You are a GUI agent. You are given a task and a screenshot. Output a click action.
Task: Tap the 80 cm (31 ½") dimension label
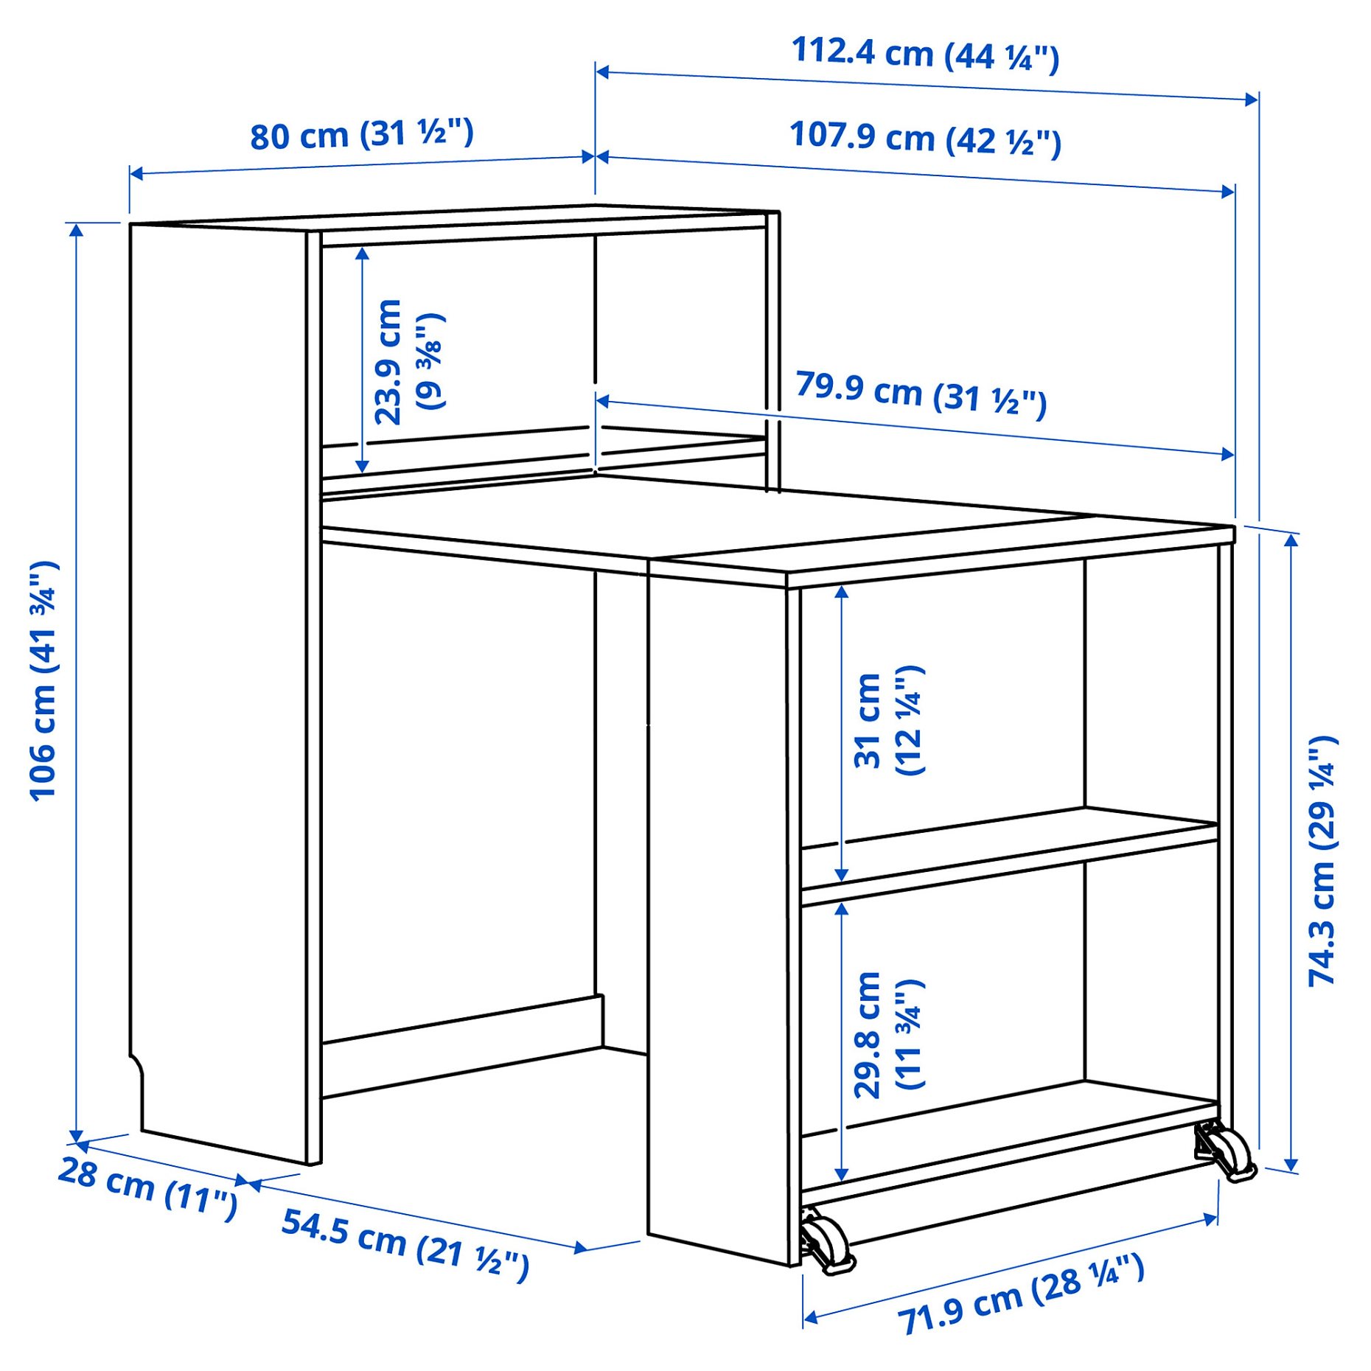(361, 135)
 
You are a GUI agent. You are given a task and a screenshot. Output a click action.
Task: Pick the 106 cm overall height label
(43, 681)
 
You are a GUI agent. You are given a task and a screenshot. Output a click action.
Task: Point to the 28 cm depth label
(148, 1187)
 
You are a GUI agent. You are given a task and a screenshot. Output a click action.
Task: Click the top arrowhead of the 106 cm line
(76, 230)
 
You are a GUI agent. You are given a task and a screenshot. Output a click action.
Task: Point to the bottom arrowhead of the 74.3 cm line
(1291, 1165)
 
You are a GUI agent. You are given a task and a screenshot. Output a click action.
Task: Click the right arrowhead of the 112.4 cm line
(1252, 100)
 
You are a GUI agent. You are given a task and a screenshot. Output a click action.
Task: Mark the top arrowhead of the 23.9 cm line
(362, 254)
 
